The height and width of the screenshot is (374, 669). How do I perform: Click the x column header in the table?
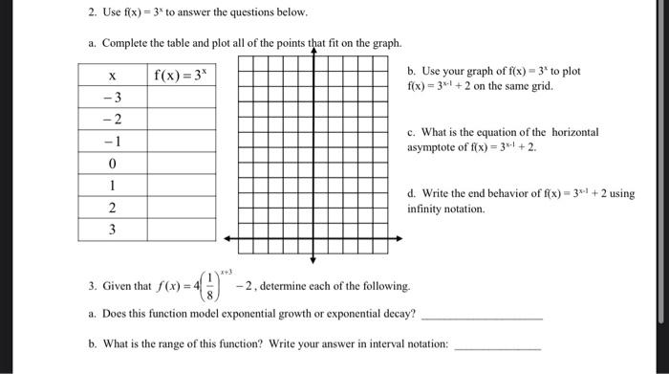click(x=112, y=75)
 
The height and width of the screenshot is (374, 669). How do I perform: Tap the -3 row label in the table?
click(x=112, y=97)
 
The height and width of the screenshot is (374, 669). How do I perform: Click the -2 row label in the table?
click(x=112, y=119)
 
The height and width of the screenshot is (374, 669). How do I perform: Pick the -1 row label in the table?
click(x=112, y=141)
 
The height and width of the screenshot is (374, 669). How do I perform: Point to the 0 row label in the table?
click(x=112, y=163)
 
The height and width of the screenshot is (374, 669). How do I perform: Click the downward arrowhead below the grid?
click(x=312, y=259)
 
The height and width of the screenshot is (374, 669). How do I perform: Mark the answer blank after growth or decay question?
click(x=482, y=316)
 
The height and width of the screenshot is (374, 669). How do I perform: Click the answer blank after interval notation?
click(x=497, y=347)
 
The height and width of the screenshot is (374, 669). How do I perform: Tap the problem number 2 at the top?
click(x=81, y=12)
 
